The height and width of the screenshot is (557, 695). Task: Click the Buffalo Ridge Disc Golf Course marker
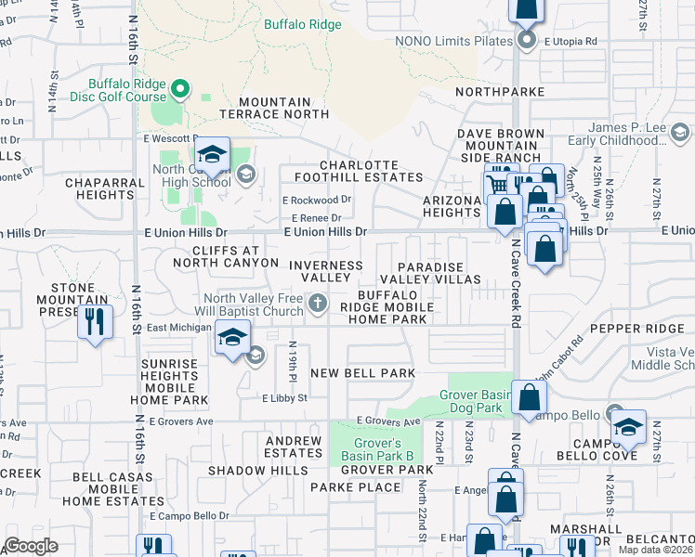pyautogui.click(x=180, y=89)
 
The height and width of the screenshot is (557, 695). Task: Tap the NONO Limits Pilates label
pyautogui.click(x=453, y=41)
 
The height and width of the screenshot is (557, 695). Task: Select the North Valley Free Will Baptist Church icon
pyautogui.click(x=318, y=302)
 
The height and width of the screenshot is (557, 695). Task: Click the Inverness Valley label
pyautogui.click(x=325, y=271)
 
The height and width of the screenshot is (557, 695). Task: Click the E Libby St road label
pyautogui.click(x=283, y=397)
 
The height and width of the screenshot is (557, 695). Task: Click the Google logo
pyautogui.click(x=31, y=546)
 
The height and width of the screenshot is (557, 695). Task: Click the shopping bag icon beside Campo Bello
pyautogui.click(x=528, y=397)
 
